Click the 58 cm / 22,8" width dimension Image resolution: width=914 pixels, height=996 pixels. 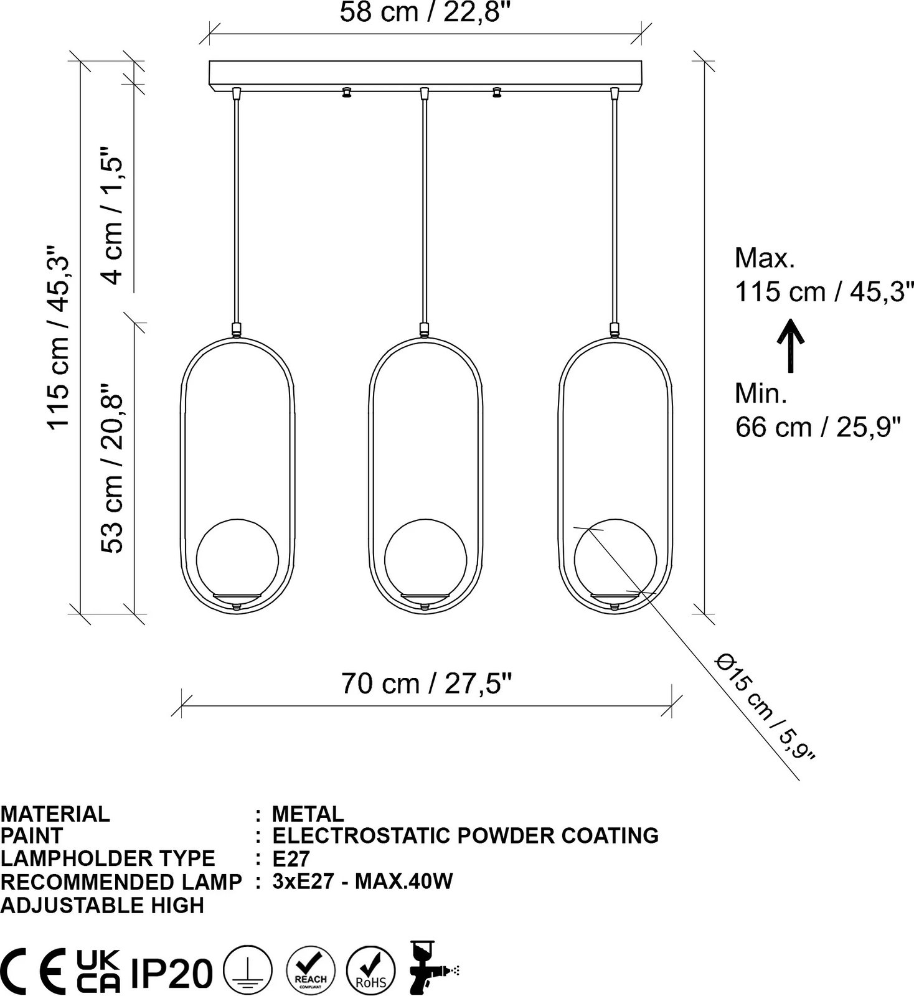[x=429, y=12]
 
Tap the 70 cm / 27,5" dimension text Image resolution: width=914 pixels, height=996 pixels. [x=426, y=684]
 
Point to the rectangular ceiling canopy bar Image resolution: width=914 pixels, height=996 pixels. [x=425, y=74]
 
